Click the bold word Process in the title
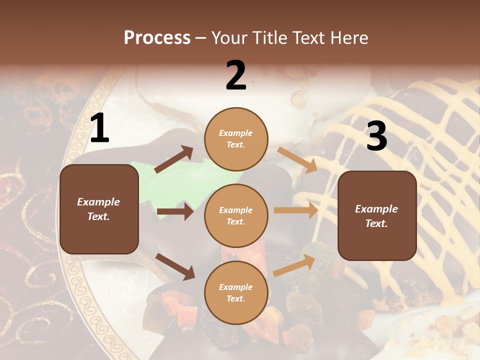157,37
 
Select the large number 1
99,128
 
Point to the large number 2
236,75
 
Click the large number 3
376,136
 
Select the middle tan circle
236,215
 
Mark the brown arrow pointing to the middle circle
175,211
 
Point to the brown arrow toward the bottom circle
175,266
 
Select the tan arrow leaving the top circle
297,159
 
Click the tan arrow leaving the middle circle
296,210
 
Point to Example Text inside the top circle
236,139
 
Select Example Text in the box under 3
376,216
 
